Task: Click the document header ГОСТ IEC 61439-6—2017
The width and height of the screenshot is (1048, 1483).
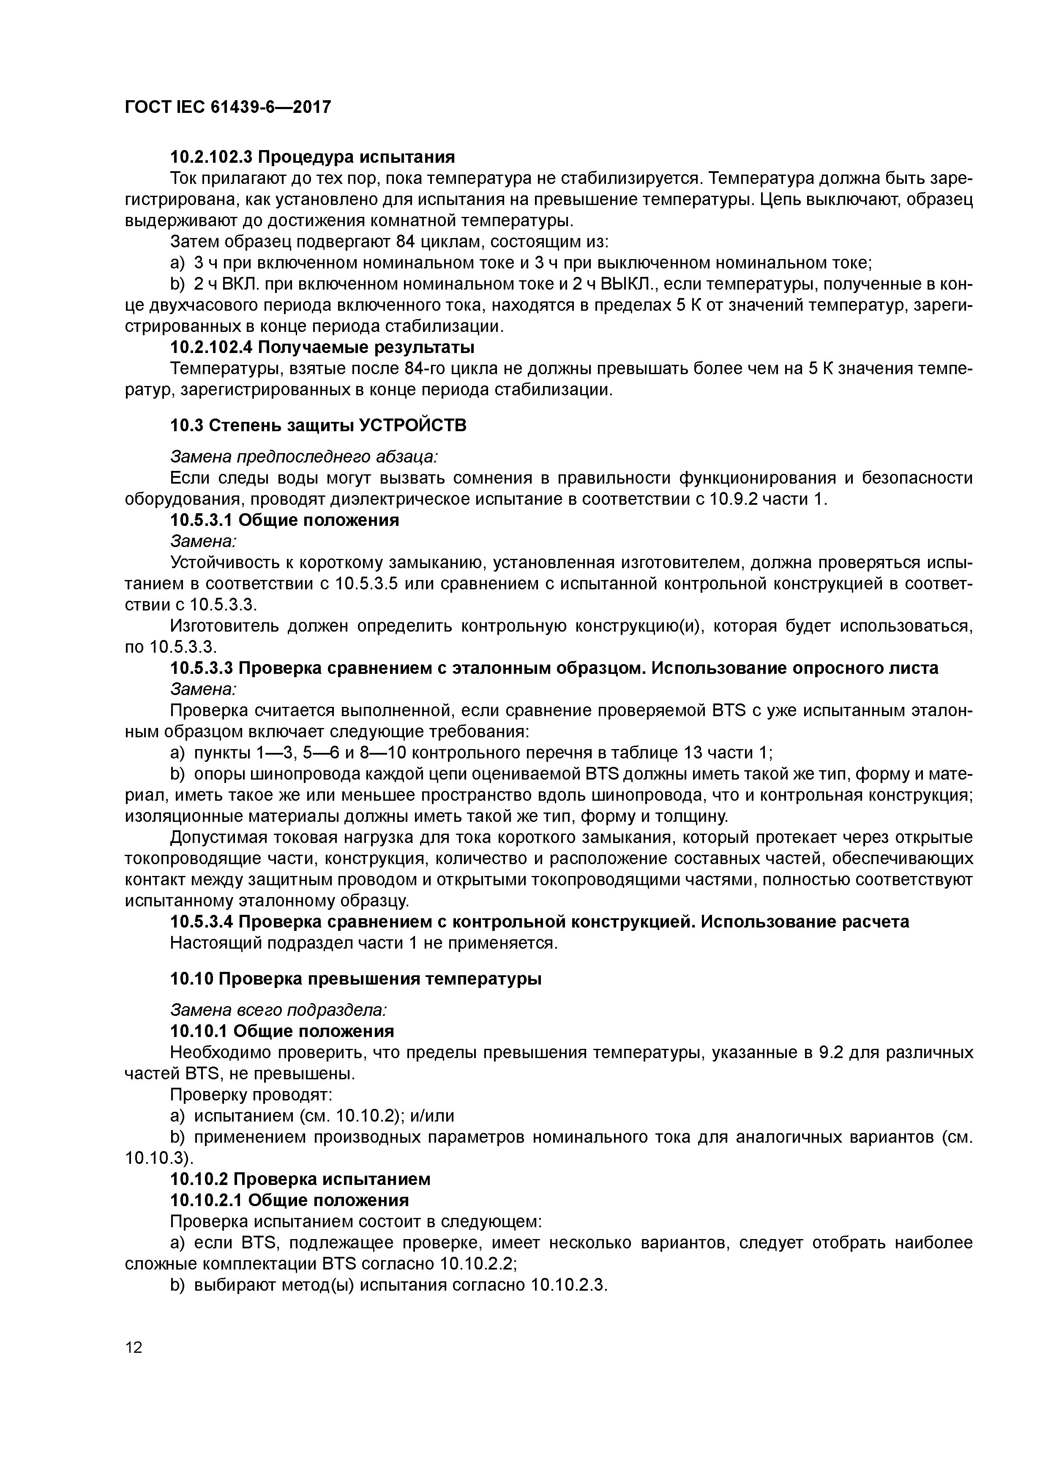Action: [x=227, y=107]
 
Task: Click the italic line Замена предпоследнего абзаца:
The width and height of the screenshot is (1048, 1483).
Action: [x=303, y=456]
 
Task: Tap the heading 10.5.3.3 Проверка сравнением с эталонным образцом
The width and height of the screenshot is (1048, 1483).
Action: [x=554, y=668]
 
